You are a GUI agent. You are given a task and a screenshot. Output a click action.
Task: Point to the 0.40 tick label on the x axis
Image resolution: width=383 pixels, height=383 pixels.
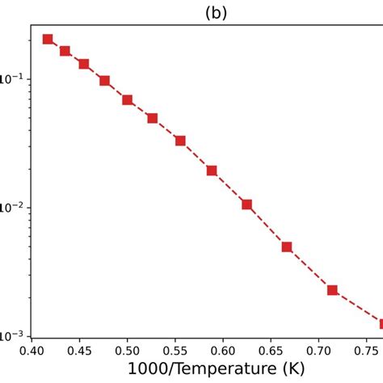(32, 352)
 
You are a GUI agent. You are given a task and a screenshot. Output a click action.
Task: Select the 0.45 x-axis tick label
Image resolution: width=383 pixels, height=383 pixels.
(79, 352)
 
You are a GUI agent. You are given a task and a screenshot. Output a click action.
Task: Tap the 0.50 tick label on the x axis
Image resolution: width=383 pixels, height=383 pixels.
(127, 352)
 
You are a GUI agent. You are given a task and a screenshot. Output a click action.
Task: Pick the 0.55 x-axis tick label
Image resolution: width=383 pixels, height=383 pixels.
(175, 352)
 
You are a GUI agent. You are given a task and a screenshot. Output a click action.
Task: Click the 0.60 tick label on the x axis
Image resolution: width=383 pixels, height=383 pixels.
(222, 352)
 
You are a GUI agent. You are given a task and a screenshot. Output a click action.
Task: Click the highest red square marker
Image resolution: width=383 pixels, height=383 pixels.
(48, 39)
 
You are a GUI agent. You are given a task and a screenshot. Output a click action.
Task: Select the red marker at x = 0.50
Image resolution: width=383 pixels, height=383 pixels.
(128, 100)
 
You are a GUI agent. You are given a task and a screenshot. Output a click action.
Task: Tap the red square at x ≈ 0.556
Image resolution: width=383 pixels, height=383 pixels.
(180, 141)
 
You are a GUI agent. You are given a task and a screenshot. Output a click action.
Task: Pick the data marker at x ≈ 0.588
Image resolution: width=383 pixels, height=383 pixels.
(212, 170)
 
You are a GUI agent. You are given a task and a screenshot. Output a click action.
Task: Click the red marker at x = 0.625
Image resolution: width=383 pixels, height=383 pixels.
(246, 204)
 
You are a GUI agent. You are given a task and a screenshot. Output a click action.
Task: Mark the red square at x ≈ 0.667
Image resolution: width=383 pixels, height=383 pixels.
(287, 247)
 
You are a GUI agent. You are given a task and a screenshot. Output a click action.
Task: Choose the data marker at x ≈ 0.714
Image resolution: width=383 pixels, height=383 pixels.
(332, 290)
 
